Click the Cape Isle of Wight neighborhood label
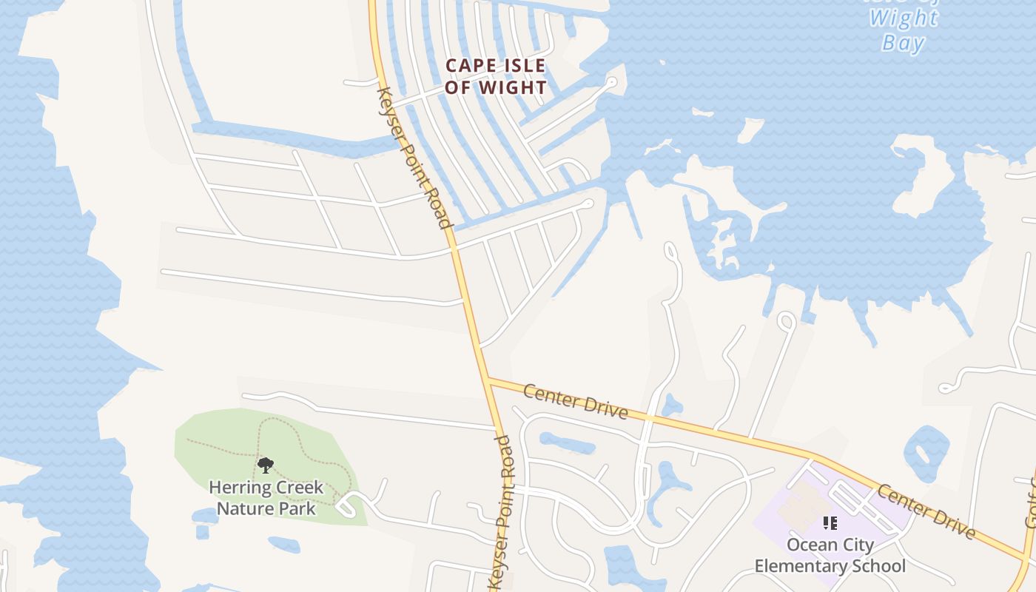coord(496,76)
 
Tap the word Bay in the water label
coord(903,43)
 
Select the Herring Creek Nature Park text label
coord(266,498)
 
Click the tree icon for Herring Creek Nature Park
coord(266,465)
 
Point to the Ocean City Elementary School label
coord(830,556)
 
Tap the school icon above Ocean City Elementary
coord(830,523)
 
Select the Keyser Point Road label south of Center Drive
coord(502,511)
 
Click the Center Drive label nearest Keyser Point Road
coord(575,400)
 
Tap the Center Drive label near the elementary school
coord(925,511)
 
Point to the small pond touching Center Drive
coord(671,406)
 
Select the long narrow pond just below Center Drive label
coord(567,443)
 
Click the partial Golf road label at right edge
coord(1030,503)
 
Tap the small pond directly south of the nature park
coord(284,545)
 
